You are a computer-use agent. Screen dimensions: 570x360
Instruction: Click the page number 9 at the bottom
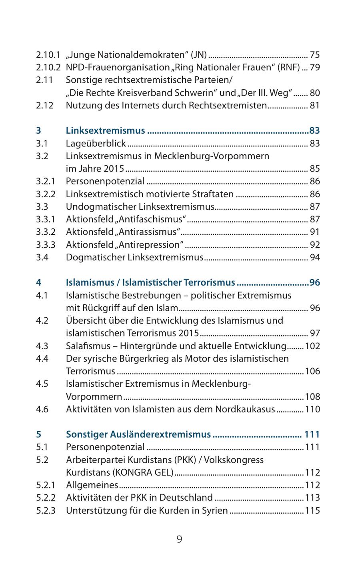[179, 539]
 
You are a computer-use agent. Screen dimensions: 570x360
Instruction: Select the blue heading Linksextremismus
[105, 130]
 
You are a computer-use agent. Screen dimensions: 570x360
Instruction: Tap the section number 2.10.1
[48, 55]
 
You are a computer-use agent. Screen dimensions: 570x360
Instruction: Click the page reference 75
[315, 55]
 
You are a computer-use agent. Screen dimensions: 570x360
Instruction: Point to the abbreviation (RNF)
[289, 67]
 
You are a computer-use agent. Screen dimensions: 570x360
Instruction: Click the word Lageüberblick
[96, 143]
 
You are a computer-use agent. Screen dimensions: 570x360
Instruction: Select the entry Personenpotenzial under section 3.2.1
[105, 181]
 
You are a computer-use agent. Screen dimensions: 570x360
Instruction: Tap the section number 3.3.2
[45, 232]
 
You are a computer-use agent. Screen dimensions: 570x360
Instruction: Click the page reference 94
[315, 257]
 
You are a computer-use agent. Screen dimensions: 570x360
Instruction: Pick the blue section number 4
[38, 282]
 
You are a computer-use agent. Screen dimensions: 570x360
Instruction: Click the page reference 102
[312, 346]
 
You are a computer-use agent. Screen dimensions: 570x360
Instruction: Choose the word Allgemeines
[92, 485]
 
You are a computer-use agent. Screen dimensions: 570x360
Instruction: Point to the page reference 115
[312, 510]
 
